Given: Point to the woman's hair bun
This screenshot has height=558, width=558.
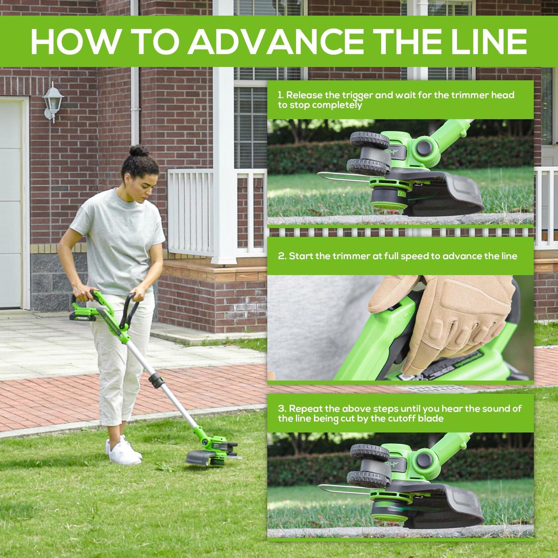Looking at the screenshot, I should (139, 151).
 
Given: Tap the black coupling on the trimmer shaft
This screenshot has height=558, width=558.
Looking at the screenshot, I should (156, 380).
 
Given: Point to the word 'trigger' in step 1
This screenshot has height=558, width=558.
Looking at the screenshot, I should (358, 95).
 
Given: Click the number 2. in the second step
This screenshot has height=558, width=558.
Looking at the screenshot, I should (282, 256).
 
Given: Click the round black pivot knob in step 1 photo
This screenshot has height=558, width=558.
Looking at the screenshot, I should (424, 148).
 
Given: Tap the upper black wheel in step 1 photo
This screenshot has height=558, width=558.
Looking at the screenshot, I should (369, 139).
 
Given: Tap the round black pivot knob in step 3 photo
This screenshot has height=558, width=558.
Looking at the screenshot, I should (424, 460).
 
